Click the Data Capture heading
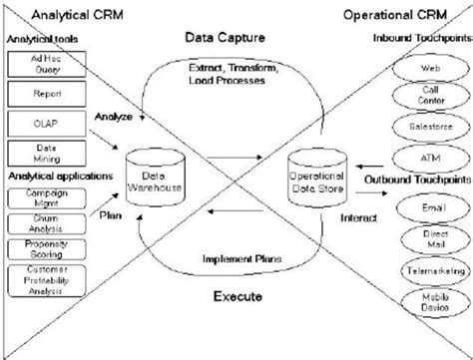click(x=224, y=37)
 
